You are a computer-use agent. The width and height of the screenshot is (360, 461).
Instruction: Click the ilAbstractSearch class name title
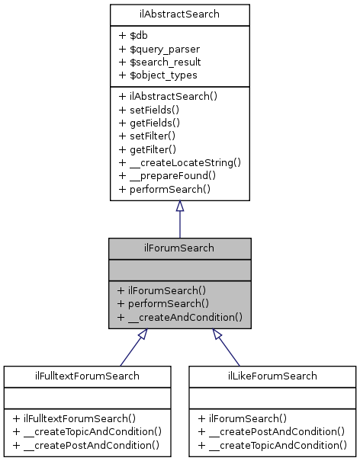click(x=179, y=14)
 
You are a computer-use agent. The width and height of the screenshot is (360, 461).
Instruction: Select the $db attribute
click(x=132, y=35)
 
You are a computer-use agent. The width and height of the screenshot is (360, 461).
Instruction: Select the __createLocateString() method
click(x=179, y=162)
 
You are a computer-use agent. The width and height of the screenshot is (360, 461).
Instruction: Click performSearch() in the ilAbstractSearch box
click(x=164, y=188)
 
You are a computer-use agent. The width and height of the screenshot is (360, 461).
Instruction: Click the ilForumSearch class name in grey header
click(x=179, y=248)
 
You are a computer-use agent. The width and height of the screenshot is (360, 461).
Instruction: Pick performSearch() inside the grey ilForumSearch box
click(x=164, y=303)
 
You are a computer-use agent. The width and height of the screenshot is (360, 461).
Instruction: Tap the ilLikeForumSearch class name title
click(x=273, y=376)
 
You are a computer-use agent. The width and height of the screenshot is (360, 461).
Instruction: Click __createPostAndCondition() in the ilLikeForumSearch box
click(x=272, y=431)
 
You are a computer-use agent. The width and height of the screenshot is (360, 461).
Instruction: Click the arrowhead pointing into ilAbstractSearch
click(x=179, y=206)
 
